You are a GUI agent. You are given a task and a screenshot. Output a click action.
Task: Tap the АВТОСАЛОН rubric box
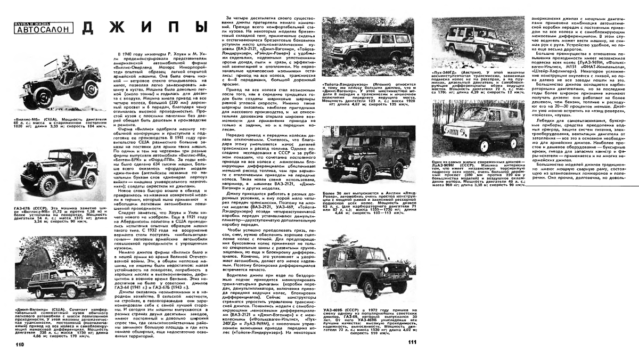coord(43,29)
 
